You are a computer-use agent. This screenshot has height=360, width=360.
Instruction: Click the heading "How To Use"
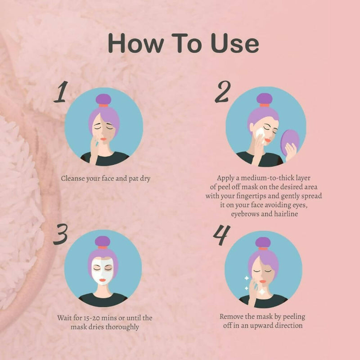[183, 44]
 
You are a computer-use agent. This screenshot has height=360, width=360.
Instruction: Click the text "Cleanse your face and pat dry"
[105, 178]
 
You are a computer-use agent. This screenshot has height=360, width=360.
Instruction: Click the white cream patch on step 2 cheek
[260, 133]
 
